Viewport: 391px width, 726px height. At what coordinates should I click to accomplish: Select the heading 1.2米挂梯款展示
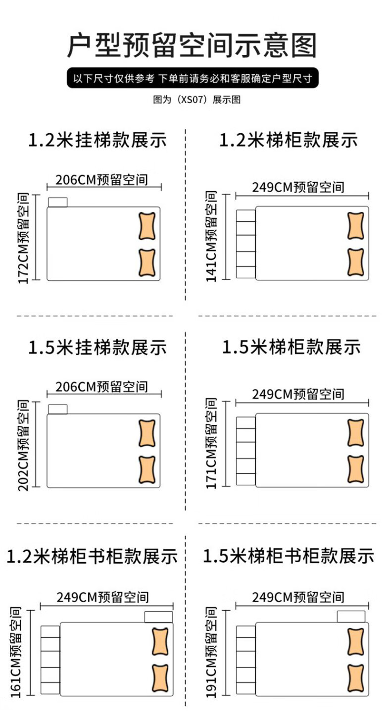(97, 140)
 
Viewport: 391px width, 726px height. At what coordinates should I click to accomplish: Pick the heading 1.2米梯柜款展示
(289, 140)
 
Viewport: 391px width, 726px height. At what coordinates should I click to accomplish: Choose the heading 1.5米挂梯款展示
(97, 347)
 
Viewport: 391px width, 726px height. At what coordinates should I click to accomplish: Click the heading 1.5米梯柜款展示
(291, 347)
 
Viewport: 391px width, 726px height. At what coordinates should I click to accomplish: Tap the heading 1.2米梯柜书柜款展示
(92, 556)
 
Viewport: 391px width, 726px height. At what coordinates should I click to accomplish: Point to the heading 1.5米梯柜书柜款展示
(289, 556)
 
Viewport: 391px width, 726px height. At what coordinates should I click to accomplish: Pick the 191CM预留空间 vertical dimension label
(211, 652)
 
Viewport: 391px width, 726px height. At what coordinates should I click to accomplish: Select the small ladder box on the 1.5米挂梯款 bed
(58, 409)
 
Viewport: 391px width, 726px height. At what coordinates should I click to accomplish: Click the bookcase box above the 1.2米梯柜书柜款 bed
(158, 617)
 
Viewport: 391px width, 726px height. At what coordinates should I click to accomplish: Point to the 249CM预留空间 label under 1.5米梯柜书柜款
(298, 597)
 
